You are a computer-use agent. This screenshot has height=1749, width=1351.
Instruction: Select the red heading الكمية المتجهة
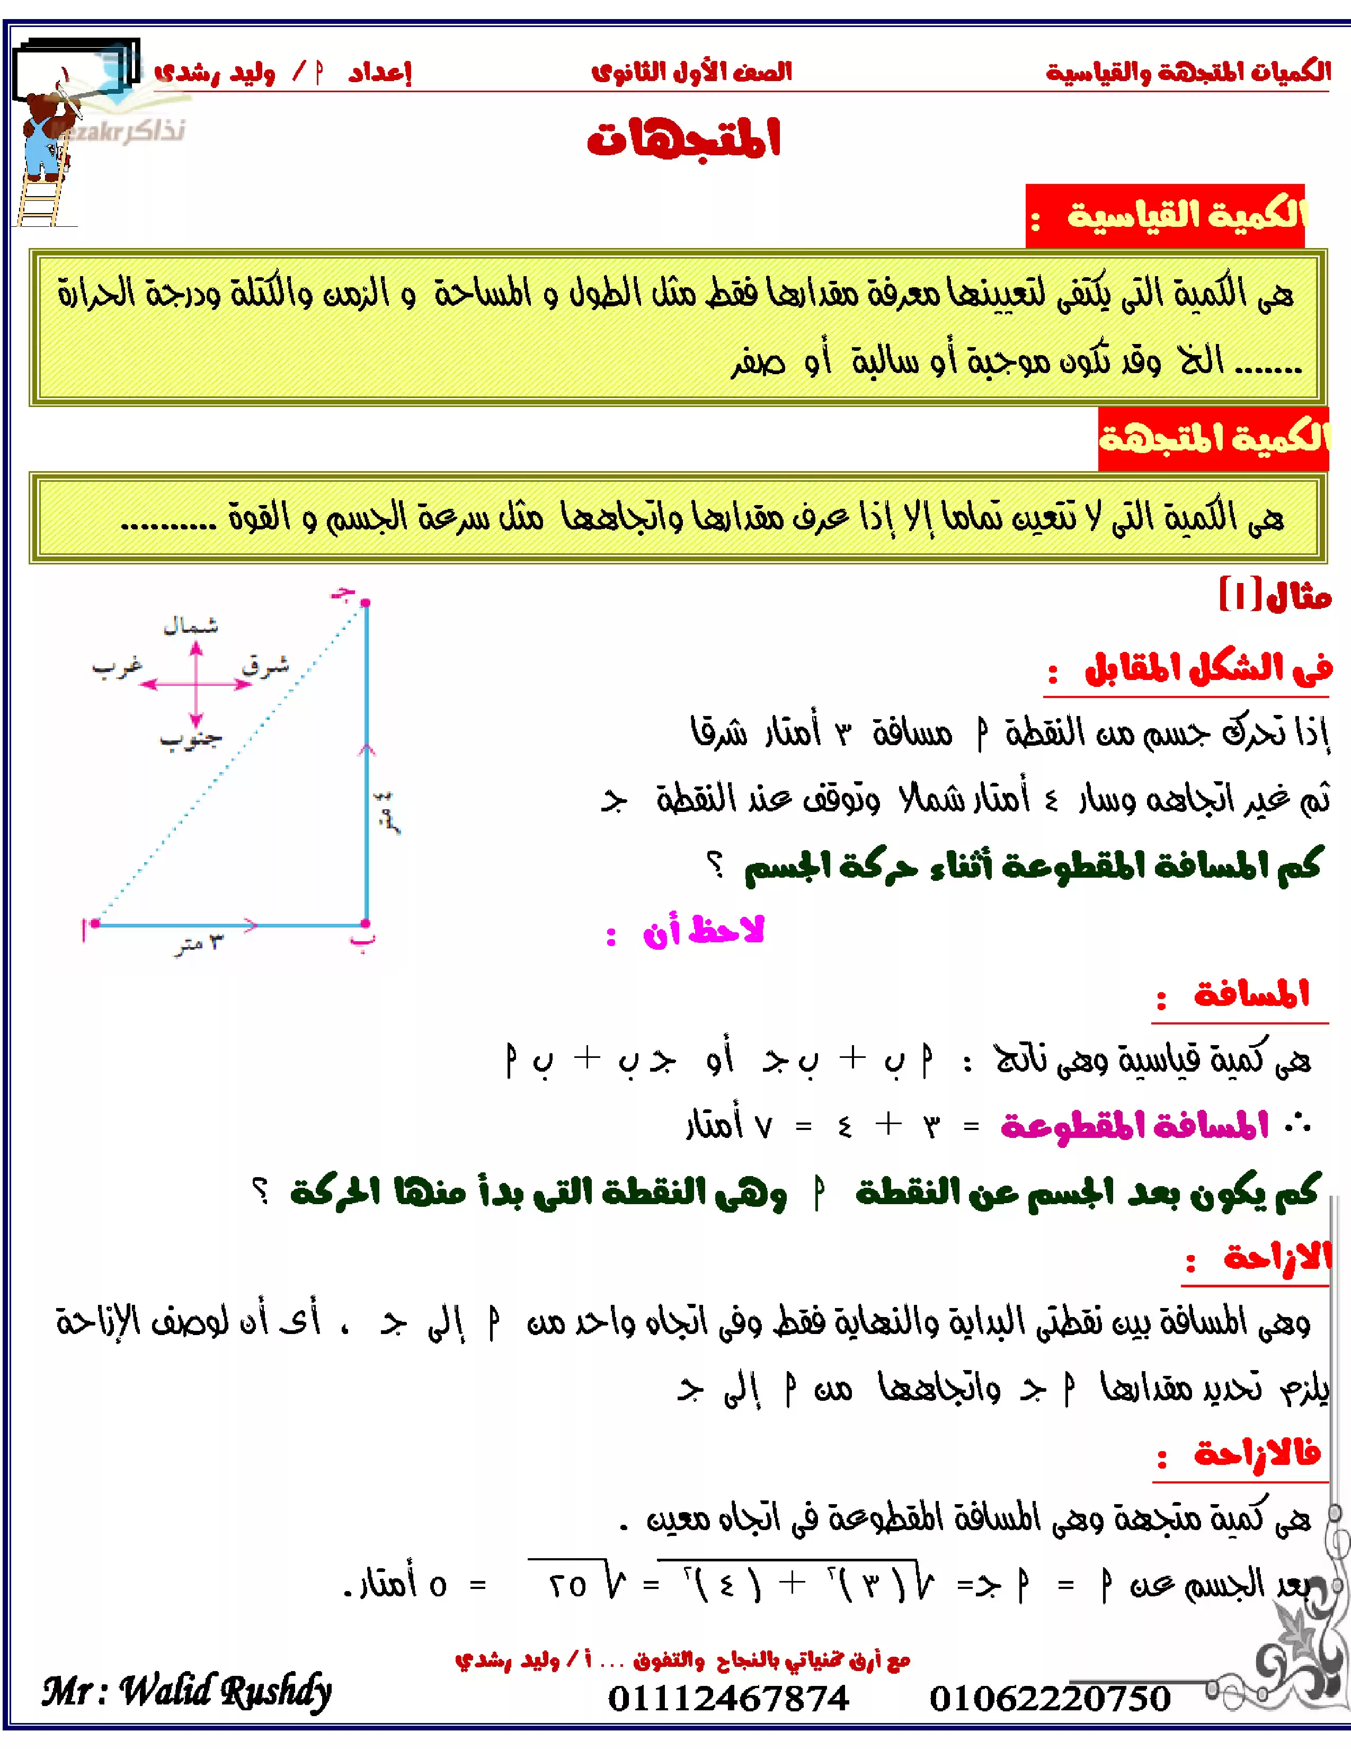(1213, 438)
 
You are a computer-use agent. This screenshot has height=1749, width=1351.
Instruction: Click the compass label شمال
(191, 625)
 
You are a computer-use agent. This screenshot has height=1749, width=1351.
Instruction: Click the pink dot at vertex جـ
(365, 602)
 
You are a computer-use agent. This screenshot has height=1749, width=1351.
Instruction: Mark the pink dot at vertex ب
(365, 923)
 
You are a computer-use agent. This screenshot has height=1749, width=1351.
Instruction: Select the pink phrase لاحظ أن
(703, 931)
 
